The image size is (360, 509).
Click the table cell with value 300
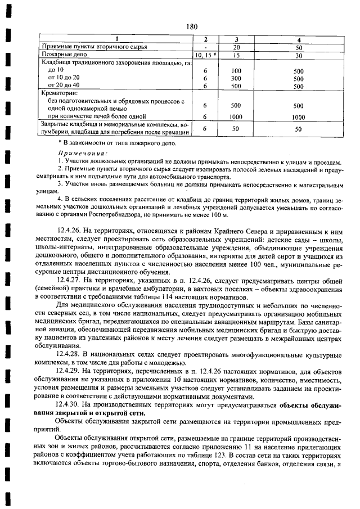click(236, 79)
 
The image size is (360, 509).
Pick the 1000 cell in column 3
click(236, 117)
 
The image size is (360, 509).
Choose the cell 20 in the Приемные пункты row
click(236, 48)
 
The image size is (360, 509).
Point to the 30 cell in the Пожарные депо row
click(299, 56)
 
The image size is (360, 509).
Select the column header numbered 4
click(299, 39)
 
